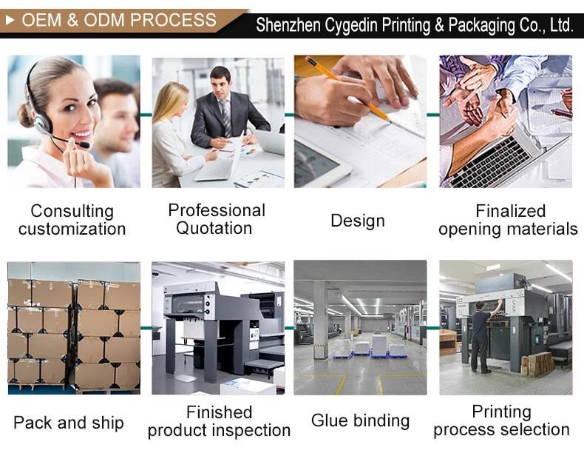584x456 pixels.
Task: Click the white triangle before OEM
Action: [x=10, y=20]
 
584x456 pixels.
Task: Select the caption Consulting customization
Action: [x=72, y=220]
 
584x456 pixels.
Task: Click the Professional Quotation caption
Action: [x=217, y=219]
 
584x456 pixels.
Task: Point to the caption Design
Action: [x=358, y=221]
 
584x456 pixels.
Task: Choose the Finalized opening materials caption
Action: [x=508, y=220]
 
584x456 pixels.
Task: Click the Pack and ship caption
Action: [x=69, y=423]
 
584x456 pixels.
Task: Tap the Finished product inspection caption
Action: [x=219, y=421]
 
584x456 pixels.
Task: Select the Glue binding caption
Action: [x=360, y=421]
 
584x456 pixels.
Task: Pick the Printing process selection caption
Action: [x=501, y=420]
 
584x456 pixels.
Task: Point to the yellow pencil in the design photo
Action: [x=347, y=89]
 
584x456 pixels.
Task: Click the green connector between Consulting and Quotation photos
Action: [x=146, y=115]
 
